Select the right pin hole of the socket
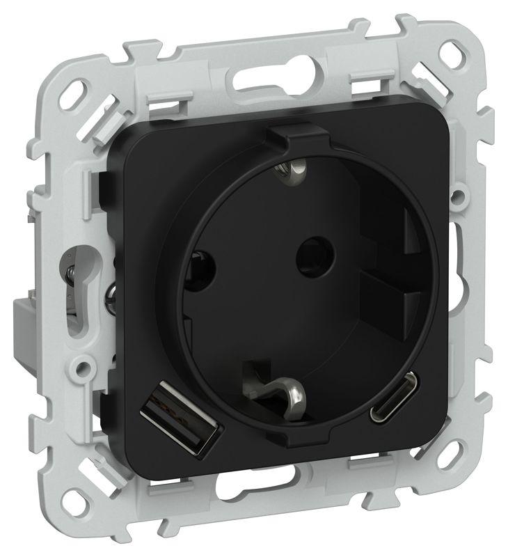(x=305, y=256)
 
